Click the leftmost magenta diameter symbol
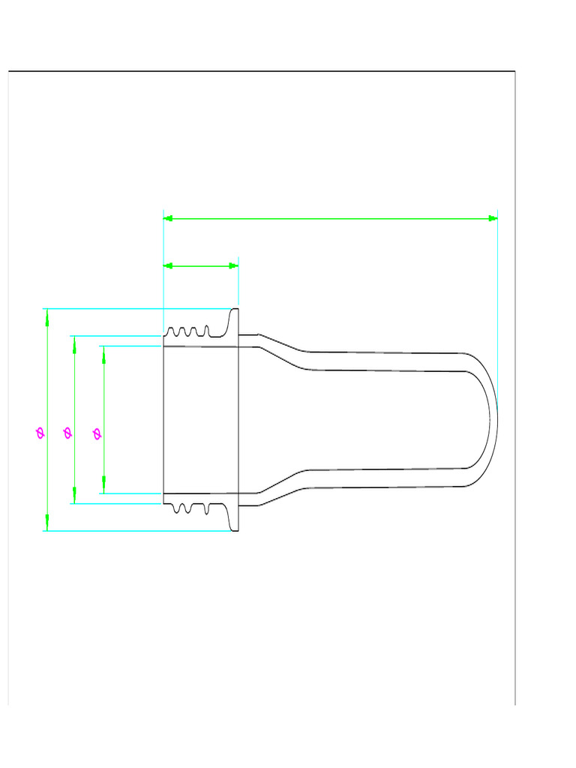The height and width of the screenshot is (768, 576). (40, 432)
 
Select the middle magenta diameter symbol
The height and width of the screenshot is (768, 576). (67, 433)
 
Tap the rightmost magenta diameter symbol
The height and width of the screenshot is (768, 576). (96, 433)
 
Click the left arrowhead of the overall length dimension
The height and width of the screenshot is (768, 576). (169, 218)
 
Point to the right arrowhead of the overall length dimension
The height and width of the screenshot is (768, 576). (493, 218)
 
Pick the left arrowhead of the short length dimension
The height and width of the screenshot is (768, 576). (169, 265)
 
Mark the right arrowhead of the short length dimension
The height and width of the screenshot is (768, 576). (233, 265)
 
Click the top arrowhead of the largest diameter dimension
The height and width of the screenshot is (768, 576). (47, 315)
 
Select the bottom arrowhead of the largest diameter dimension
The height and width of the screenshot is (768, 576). (47, 523)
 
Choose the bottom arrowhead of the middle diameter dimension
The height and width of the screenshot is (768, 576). (74, 496)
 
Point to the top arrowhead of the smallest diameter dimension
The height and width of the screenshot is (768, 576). (103, 352)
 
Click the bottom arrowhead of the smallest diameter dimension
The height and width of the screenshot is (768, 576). (103, 487)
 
